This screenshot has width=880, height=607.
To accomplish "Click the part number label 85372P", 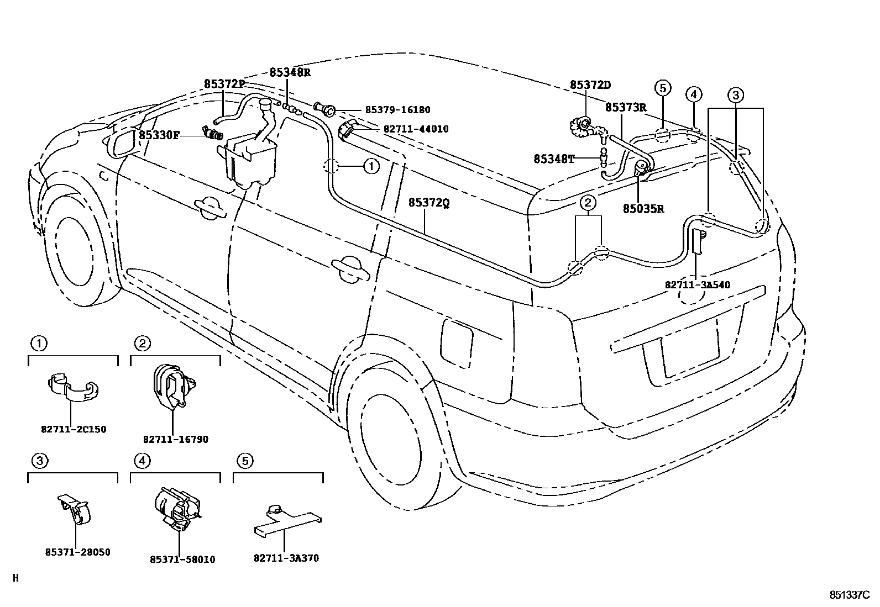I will pos(224,84).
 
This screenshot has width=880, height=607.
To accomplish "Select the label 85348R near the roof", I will pos(290,72).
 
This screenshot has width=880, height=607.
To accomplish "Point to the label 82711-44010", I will pos(416,129).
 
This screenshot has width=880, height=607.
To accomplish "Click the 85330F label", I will pos(159,135).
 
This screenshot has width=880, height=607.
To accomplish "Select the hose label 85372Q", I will pos(429,203).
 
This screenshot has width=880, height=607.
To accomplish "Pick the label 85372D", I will pos(590,85).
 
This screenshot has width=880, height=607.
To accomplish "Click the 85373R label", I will pos(625,107).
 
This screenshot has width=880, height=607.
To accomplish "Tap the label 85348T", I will pos(554,159).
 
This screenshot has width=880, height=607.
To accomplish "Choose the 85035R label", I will pos(643,209).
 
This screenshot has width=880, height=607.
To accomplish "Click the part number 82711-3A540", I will pos(697,285).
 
